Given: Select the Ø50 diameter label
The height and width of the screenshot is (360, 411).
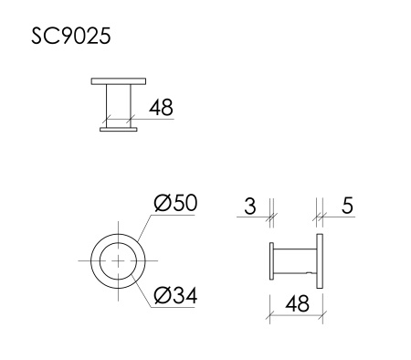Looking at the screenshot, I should coord(174,204).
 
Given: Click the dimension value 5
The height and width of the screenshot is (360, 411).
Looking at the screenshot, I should coord(346,206).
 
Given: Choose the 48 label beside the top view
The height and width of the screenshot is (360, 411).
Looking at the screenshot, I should coord(160,109).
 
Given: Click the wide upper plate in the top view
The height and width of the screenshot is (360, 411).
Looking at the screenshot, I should coord(118,82).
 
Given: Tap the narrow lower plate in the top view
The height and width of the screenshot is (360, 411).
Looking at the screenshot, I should coord(118,131).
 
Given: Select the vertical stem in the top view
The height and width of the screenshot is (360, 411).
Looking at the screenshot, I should coord(118,106).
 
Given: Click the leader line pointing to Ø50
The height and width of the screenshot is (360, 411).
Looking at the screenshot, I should coord(146,224).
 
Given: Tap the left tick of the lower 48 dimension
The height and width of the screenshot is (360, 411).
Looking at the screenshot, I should coord(269,312).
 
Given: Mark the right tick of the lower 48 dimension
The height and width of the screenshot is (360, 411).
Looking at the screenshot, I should coord(323,312).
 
